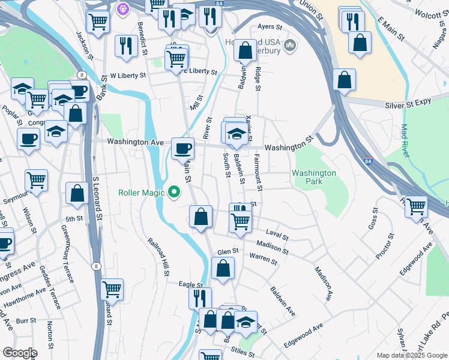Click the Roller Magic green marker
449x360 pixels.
tap(175, 193)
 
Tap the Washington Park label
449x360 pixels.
tap(314, 178)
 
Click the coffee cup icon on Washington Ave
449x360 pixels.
tap(182, 148)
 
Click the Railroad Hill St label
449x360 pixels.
tap(158, 257)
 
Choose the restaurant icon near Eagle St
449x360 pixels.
tap(200, 298)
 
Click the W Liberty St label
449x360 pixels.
tap(128, 76)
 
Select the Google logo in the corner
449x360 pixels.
tap(19, 353)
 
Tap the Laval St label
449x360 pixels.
tap(277, 234)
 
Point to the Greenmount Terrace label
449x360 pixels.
tap(67, 253)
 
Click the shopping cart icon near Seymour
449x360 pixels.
tap(37, 180)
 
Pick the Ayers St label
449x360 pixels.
tap(269, 27)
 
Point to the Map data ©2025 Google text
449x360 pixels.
tap(412, 355)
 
